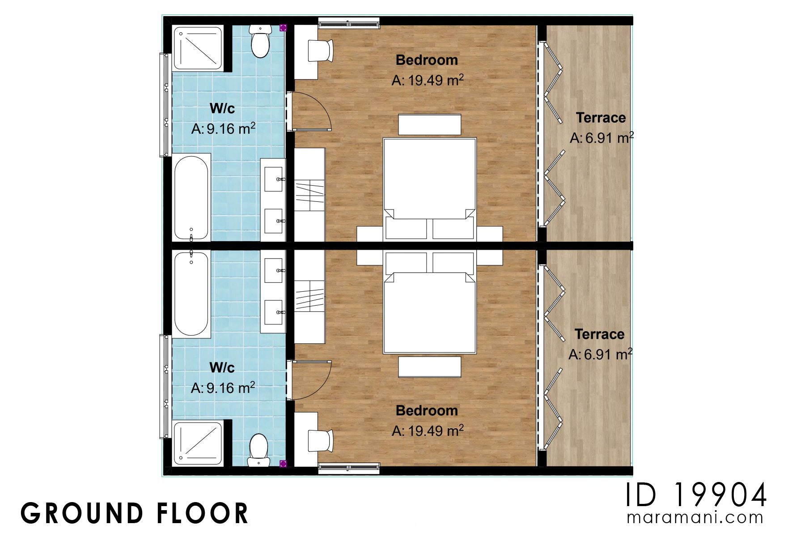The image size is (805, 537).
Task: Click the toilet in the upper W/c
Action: coord(260,42)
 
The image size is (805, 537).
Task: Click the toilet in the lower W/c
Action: coord(258,450)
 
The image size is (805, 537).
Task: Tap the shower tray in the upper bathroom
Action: coord(198,48)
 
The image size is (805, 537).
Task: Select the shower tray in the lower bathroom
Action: coord(198,443)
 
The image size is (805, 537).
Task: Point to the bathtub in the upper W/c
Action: coord(191,198)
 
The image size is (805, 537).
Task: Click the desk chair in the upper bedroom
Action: coord(321,51)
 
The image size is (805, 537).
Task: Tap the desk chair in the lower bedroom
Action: coord(321,441)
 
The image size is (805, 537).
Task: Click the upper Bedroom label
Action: coord(427,60)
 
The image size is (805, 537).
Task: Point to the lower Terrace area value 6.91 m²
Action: coord(600,354)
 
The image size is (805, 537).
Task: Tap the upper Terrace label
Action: coord(601,118)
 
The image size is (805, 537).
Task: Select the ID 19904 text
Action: coord(696,495)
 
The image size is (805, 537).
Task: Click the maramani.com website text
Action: coord(695,518)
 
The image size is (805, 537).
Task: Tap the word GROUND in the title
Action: coord(81,513)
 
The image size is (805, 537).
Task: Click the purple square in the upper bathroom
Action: coord(283,28)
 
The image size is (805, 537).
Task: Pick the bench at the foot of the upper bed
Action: coord(429,125)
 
